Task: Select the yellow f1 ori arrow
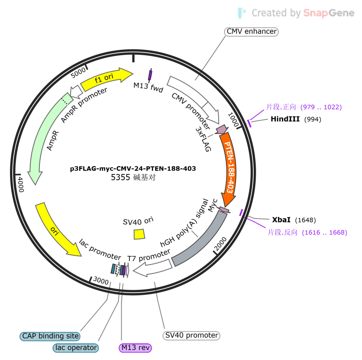click(106, 78)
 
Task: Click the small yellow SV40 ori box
click(139, 234)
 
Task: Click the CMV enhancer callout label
click(252, 31)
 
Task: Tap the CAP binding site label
click(50, 336)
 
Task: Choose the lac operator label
click(76, 348)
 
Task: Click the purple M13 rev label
click(135, 348)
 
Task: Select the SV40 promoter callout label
click(191, 335)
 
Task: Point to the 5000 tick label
click(78, 72)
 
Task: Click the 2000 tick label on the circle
click(220, 244)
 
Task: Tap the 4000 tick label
click(21, 185)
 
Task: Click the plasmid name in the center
click(133, 168)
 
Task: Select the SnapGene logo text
click(329, 13)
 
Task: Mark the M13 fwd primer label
click(148, 87)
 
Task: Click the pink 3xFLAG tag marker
click(222, 130)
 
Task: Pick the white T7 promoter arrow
click(152, 268)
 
